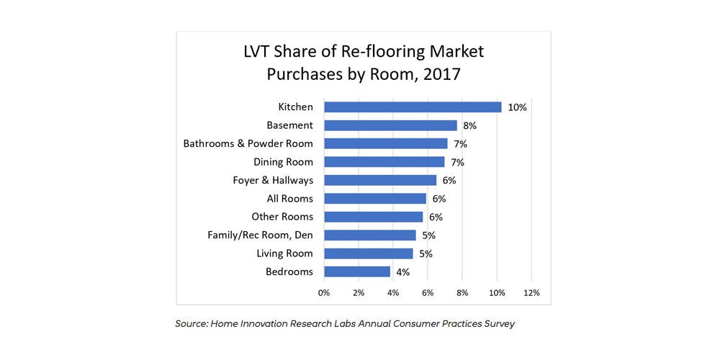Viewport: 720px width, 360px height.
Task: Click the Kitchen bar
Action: click(x=413, y=107)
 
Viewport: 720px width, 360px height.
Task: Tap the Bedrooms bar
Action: click(x=357, y=271)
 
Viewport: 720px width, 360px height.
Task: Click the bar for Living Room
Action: click(x=368, y=253)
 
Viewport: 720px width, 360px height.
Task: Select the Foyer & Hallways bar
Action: click(x=380, y=180)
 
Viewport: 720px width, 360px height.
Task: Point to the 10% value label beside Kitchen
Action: click(x=518, y=107)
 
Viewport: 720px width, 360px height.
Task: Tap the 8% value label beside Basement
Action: click(x=471, y=125)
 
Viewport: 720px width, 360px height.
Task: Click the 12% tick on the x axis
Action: click(x=531, y=293)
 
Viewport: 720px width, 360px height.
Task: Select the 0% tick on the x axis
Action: click(x=324, y=293)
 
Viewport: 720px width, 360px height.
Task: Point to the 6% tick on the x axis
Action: click(x=428, y=293)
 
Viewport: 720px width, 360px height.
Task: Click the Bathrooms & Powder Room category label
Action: click(x=248, y=143)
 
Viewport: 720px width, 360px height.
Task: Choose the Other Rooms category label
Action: click(x=282, y=217)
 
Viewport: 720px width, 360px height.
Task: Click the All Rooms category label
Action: click(x=289, y=198)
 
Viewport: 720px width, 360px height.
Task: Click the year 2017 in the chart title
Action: click(x=436, y=74)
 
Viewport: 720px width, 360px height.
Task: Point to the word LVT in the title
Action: click(x=258, y=52)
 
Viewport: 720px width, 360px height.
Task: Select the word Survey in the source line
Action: click(x=499, y=324)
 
